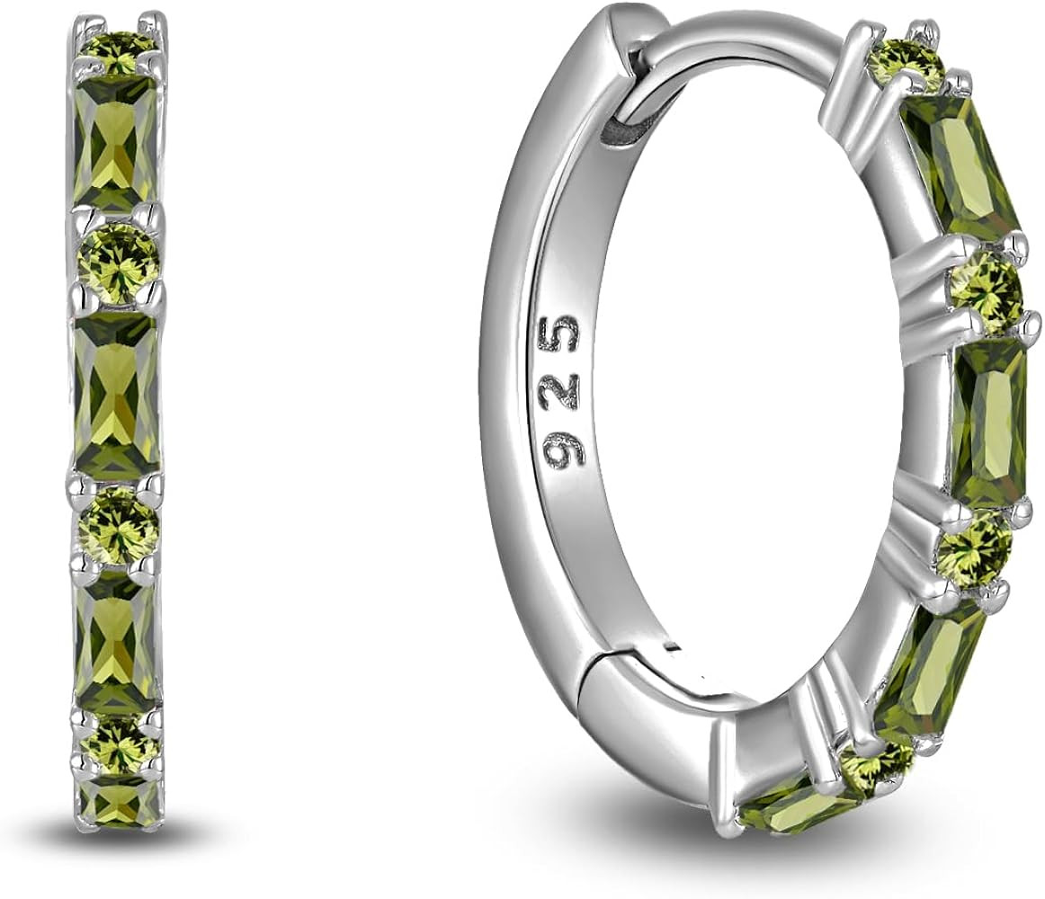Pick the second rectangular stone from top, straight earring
tap(117, 395)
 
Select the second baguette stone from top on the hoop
tap(989, 422)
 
